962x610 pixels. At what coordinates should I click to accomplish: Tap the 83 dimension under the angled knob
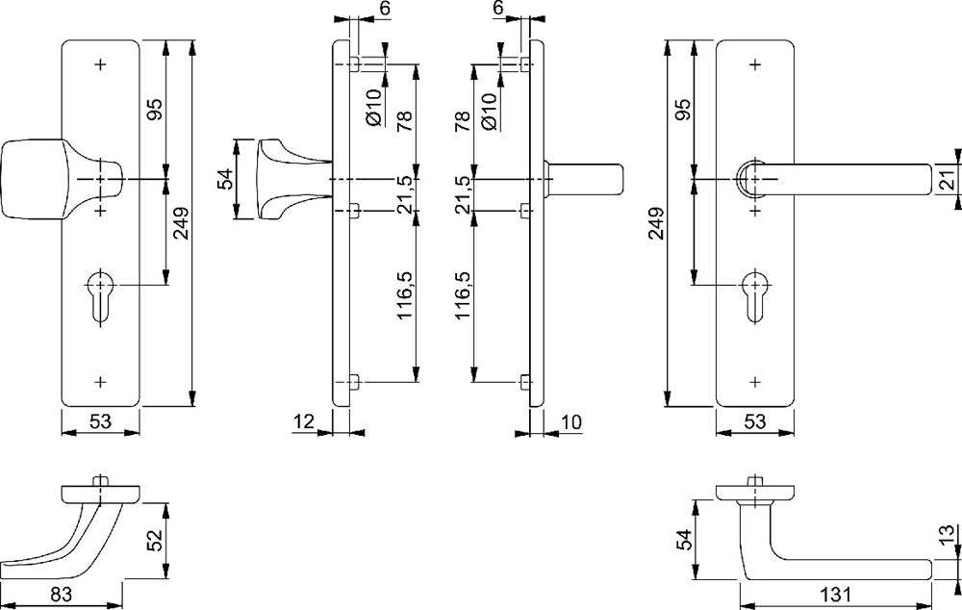point(62,595)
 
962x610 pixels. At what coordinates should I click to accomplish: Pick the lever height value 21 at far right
point(946,179)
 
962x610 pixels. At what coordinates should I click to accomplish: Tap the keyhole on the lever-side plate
point(755,292)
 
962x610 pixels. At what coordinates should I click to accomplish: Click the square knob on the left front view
point(34,179)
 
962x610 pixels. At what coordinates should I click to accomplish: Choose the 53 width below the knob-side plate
point(101,420)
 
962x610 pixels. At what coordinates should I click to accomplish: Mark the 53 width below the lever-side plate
point(756,420)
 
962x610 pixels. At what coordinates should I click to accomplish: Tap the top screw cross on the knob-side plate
point(101,64)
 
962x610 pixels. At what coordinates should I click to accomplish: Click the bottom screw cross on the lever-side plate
point(755,381)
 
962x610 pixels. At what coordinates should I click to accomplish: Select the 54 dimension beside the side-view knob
point(225,179)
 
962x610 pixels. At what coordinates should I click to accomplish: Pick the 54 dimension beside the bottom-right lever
point(684,540)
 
